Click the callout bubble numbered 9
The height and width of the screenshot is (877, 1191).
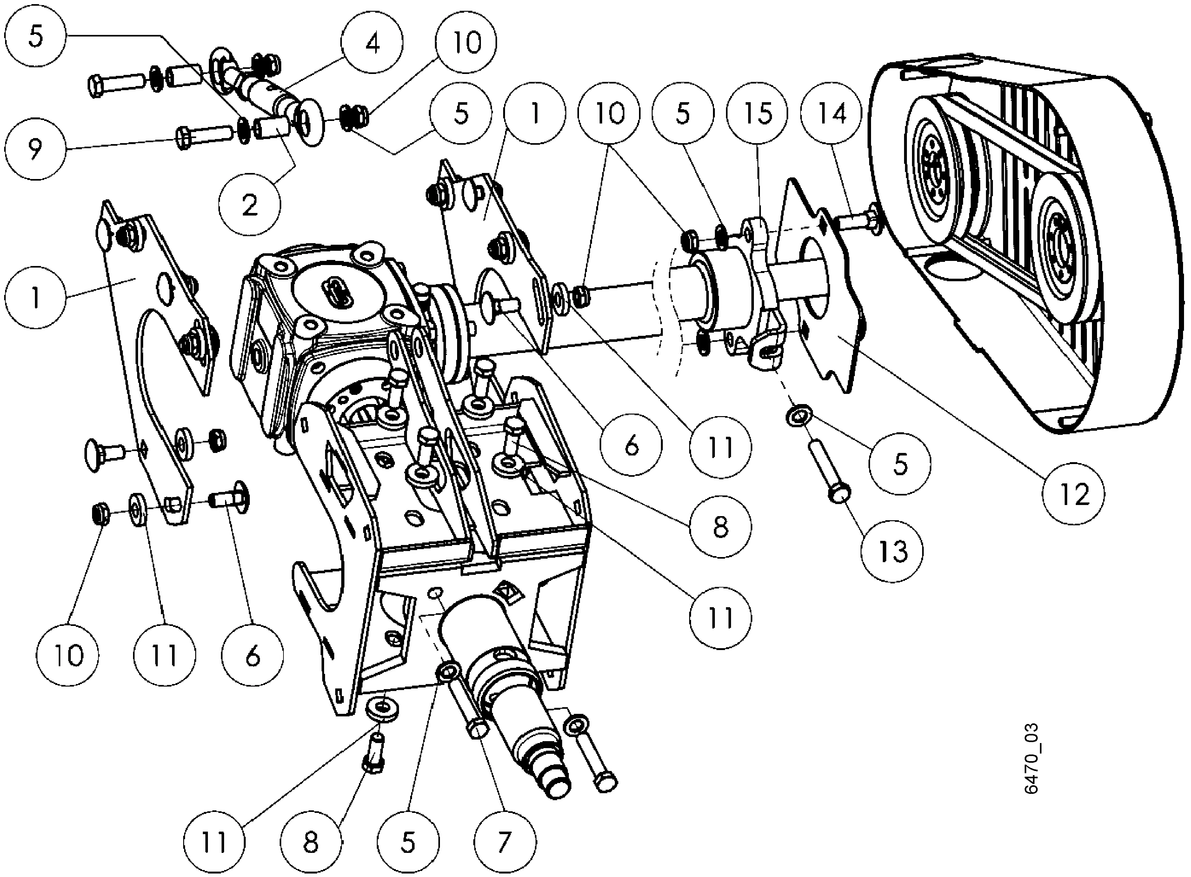tap(35, 150)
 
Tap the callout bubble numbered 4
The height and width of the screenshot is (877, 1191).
tap(373, 43)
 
